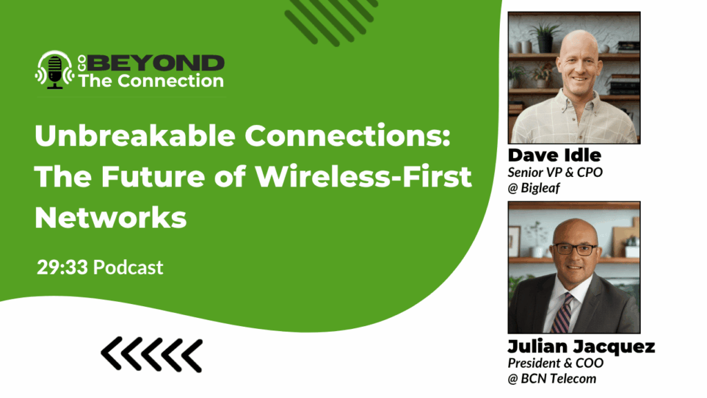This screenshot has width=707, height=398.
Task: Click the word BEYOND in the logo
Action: (157, 64)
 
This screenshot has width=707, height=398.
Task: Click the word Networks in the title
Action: (110, 217)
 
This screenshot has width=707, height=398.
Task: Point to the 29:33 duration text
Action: (62, 267)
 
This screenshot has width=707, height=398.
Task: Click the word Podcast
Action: (128, 267)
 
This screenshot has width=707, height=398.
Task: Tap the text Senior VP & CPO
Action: (555, 172)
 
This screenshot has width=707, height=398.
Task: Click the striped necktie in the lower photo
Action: (561, 314)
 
